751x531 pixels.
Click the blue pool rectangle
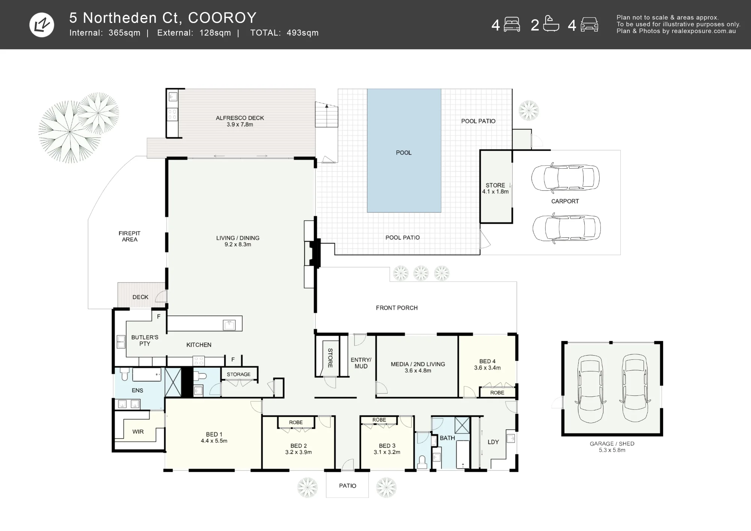pos(404,151)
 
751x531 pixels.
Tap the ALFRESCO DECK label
pos(240,118)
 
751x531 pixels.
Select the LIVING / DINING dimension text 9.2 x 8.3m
pos(238,244)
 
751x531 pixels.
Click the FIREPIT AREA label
pos(130,236)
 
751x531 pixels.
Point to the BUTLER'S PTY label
pos(145,340)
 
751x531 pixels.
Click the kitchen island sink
pos(229,325)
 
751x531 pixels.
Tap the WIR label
pos(138,431)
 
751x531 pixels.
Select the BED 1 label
pos(214,434)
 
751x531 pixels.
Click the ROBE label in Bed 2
pos(296,422)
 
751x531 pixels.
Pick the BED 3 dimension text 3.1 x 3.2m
pos(387,452)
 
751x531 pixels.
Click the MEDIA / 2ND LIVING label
pos(418,364)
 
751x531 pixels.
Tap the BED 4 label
pos(487,361)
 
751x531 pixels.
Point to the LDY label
pos(493,442)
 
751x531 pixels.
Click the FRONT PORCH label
pos(397,308)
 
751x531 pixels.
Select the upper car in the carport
pos(565,178)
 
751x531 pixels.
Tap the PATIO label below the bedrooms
pos(348,486)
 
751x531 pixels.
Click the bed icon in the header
pos(512,24)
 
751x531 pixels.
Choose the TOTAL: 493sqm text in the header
pos(284,33)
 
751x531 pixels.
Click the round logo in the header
pos(42,25)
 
